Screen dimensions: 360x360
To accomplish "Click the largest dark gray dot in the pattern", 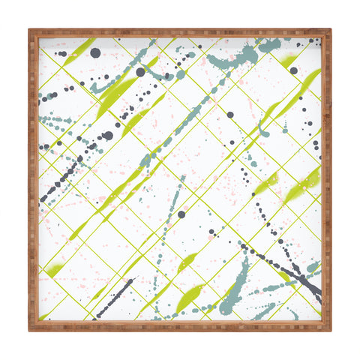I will point(95,52).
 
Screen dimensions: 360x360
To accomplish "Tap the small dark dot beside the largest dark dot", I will point(83,54).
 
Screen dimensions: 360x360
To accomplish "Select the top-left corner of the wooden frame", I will point(31,31).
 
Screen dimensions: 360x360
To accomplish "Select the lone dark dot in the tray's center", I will point(181,214).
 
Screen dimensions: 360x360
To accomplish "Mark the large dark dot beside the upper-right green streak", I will point(293,70).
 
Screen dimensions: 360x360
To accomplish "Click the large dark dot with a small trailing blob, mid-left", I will point(108,136).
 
